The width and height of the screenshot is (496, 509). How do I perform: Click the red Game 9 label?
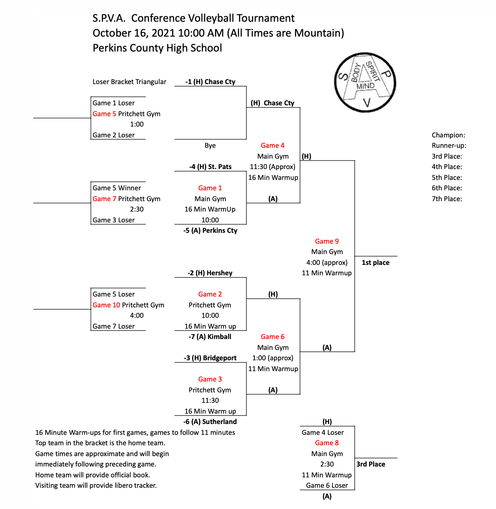[327, 241]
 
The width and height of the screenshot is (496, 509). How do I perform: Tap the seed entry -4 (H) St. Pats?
[210, 167]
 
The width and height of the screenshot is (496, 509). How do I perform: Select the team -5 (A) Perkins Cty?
[210, 231]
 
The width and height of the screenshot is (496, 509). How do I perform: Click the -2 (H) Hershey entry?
[210, 273]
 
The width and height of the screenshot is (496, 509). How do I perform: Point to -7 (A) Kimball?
[210, 337]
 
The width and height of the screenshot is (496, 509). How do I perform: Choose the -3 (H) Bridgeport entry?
[210, 358]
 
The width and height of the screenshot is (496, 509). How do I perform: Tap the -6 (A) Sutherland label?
[210, 422]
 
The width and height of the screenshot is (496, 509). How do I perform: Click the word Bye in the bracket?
[210, 146]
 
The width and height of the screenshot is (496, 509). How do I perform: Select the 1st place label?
[375, 263]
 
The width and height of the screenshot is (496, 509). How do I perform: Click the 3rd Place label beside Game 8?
[371, 464]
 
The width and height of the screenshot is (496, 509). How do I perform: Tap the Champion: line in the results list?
[448, 135]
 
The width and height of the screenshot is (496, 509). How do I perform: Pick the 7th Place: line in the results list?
[447, 199]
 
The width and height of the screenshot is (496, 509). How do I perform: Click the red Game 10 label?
[106, 305]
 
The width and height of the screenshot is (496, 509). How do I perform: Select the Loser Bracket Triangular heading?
[129, 82]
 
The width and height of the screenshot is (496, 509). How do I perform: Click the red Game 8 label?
[327, 443]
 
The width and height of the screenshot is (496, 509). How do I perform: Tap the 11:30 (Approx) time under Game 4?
[272, 167]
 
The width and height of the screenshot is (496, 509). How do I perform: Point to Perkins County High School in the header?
[157, 48]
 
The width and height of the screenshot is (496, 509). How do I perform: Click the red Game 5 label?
[104, 114]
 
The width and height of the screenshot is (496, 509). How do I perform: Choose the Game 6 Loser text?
[327, 485]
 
